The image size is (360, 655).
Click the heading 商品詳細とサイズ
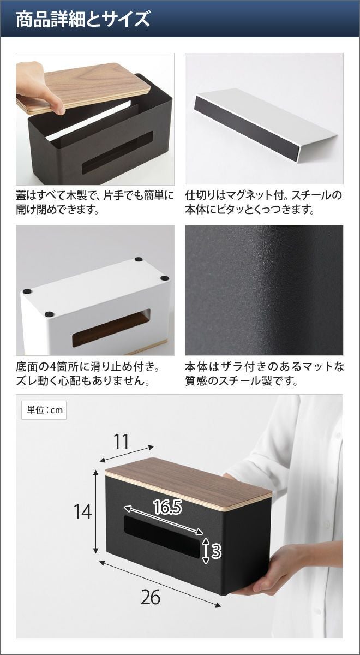(83, 19)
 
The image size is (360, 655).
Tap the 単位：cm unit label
(44, 410)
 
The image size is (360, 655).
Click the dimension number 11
(121, 442)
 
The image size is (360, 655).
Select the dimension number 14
(83, 512)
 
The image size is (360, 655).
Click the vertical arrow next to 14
(95, 511)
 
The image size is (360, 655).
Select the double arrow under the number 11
(127, 454)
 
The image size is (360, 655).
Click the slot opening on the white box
(111, 327)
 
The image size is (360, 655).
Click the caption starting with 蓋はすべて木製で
(95, 202)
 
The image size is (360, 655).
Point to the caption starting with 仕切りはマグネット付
(263, 202)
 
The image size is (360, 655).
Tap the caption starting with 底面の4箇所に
(88, 374)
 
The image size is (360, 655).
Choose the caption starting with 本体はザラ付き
(265, 374)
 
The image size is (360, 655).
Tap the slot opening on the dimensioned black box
(162, 539)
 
